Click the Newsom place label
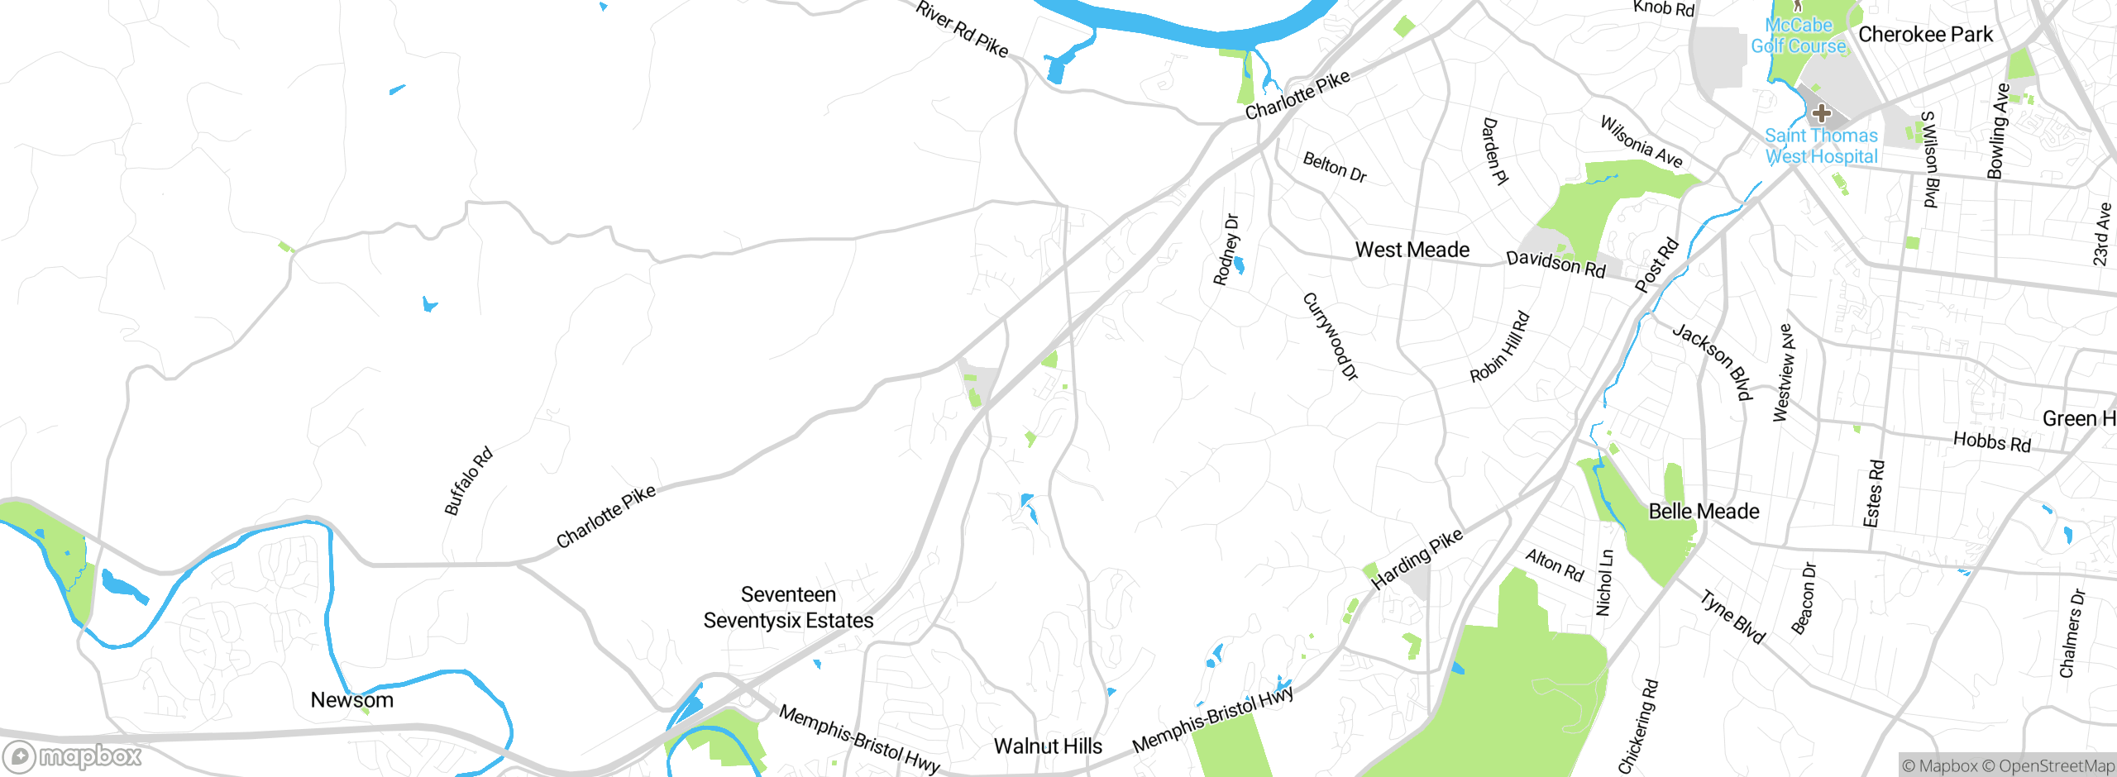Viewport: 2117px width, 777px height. [x=351, y=700]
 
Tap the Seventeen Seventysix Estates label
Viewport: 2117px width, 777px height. [x=788, y=608]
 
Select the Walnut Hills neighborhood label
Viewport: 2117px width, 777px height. [x=1048, y=746]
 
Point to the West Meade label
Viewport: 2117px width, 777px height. [x=1412, y=250]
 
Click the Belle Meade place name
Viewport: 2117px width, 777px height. [x=1704, y=512]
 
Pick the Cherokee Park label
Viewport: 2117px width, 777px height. [x=1925, y=35]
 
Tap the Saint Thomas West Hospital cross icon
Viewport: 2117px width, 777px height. [x=1821, y=113]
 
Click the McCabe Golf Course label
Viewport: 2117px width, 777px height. [x=1799, y=36]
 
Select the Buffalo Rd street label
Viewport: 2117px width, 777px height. [x=468, y=481]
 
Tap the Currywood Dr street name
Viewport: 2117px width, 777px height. [x=1331, y=336]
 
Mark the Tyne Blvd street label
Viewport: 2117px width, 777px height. [x=1732, y=616]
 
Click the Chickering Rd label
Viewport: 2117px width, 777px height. [x=1638, y=727]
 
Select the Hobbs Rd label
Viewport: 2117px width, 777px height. [x=1991, y=441]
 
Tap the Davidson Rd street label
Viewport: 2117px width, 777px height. [x=1555, y=264]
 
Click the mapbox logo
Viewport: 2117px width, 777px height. [x=73, y=756]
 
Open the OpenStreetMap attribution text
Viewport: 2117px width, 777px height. [x=2048, y=766]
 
